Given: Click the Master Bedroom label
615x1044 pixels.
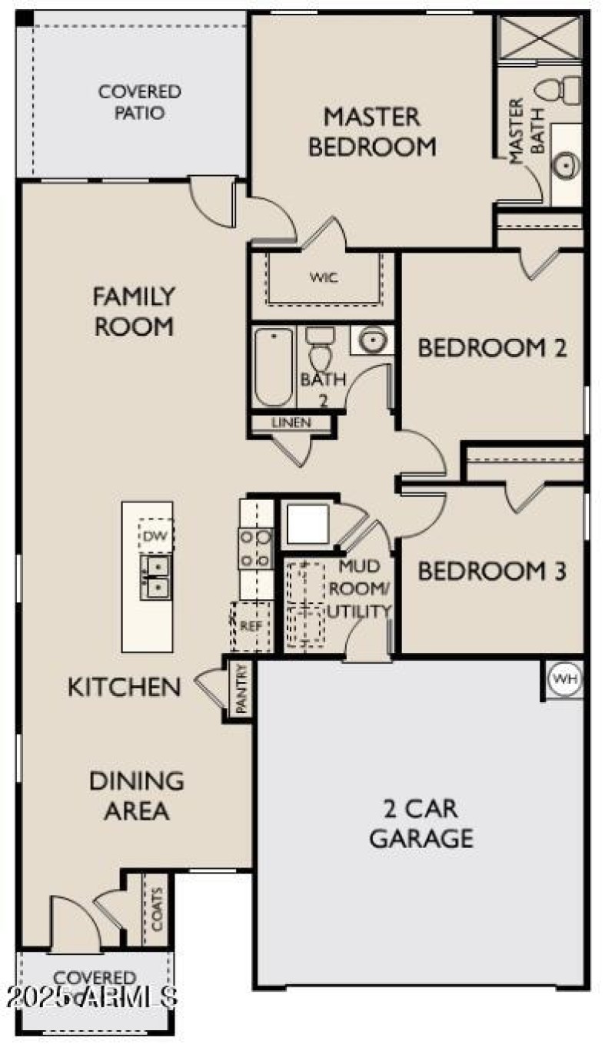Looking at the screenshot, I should click(x=372, y=131).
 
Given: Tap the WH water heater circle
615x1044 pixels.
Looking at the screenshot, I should click(x=564, y=679).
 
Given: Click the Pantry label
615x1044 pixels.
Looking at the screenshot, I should click(x=241, y=690).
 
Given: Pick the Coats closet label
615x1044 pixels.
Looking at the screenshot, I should click(x=158, y=910).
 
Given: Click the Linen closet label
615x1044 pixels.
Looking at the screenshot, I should click(x=291, y=423).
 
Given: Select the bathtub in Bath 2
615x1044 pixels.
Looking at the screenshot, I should click(x=274, y=366).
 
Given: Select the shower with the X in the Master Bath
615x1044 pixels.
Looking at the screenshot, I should click(x=539, y=36).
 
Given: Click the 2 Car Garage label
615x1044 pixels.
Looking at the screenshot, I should click(x=421, y=823).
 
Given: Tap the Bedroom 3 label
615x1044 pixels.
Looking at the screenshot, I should click(x=492, y=572).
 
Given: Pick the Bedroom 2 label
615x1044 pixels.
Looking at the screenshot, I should click(x=492, y=348).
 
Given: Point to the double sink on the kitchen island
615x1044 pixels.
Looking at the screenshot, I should click(x=156, y=577).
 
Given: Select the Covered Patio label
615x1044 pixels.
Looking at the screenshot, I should click(x=140, y=102).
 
